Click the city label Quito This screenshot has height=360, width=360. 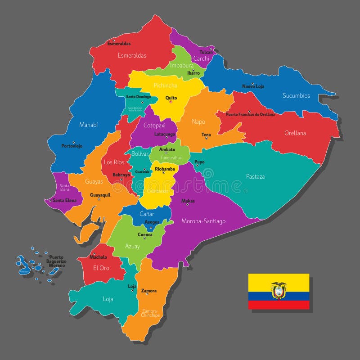[x=171, y=98]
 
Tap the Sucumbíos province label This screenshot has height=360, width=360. [x=296, y=95]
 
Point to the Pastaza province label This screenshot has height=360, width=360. [x=255, y=176]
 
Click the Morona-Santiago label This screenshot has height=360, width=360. [x=203, y=221]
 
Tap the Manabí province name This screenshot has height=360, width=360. [x=89, y=125]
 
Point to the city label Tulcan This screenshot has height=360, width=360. [x=206, y=52]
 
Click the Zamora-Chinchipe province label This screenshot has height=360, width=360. [x=151, y=313]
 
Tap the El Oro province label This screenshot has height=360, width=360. [x=101, y=268]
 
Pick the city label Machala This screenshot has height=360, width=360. [x=98, y=257]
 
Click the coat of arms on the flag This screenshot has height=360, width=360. [x=279, y=291]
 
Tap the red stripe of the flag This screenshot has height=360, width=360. [x=279, y=305]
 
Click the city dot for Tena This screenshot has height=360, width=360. [x=206, y=138]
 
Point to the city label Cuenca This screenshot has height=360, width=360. [x=145, y=234]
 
